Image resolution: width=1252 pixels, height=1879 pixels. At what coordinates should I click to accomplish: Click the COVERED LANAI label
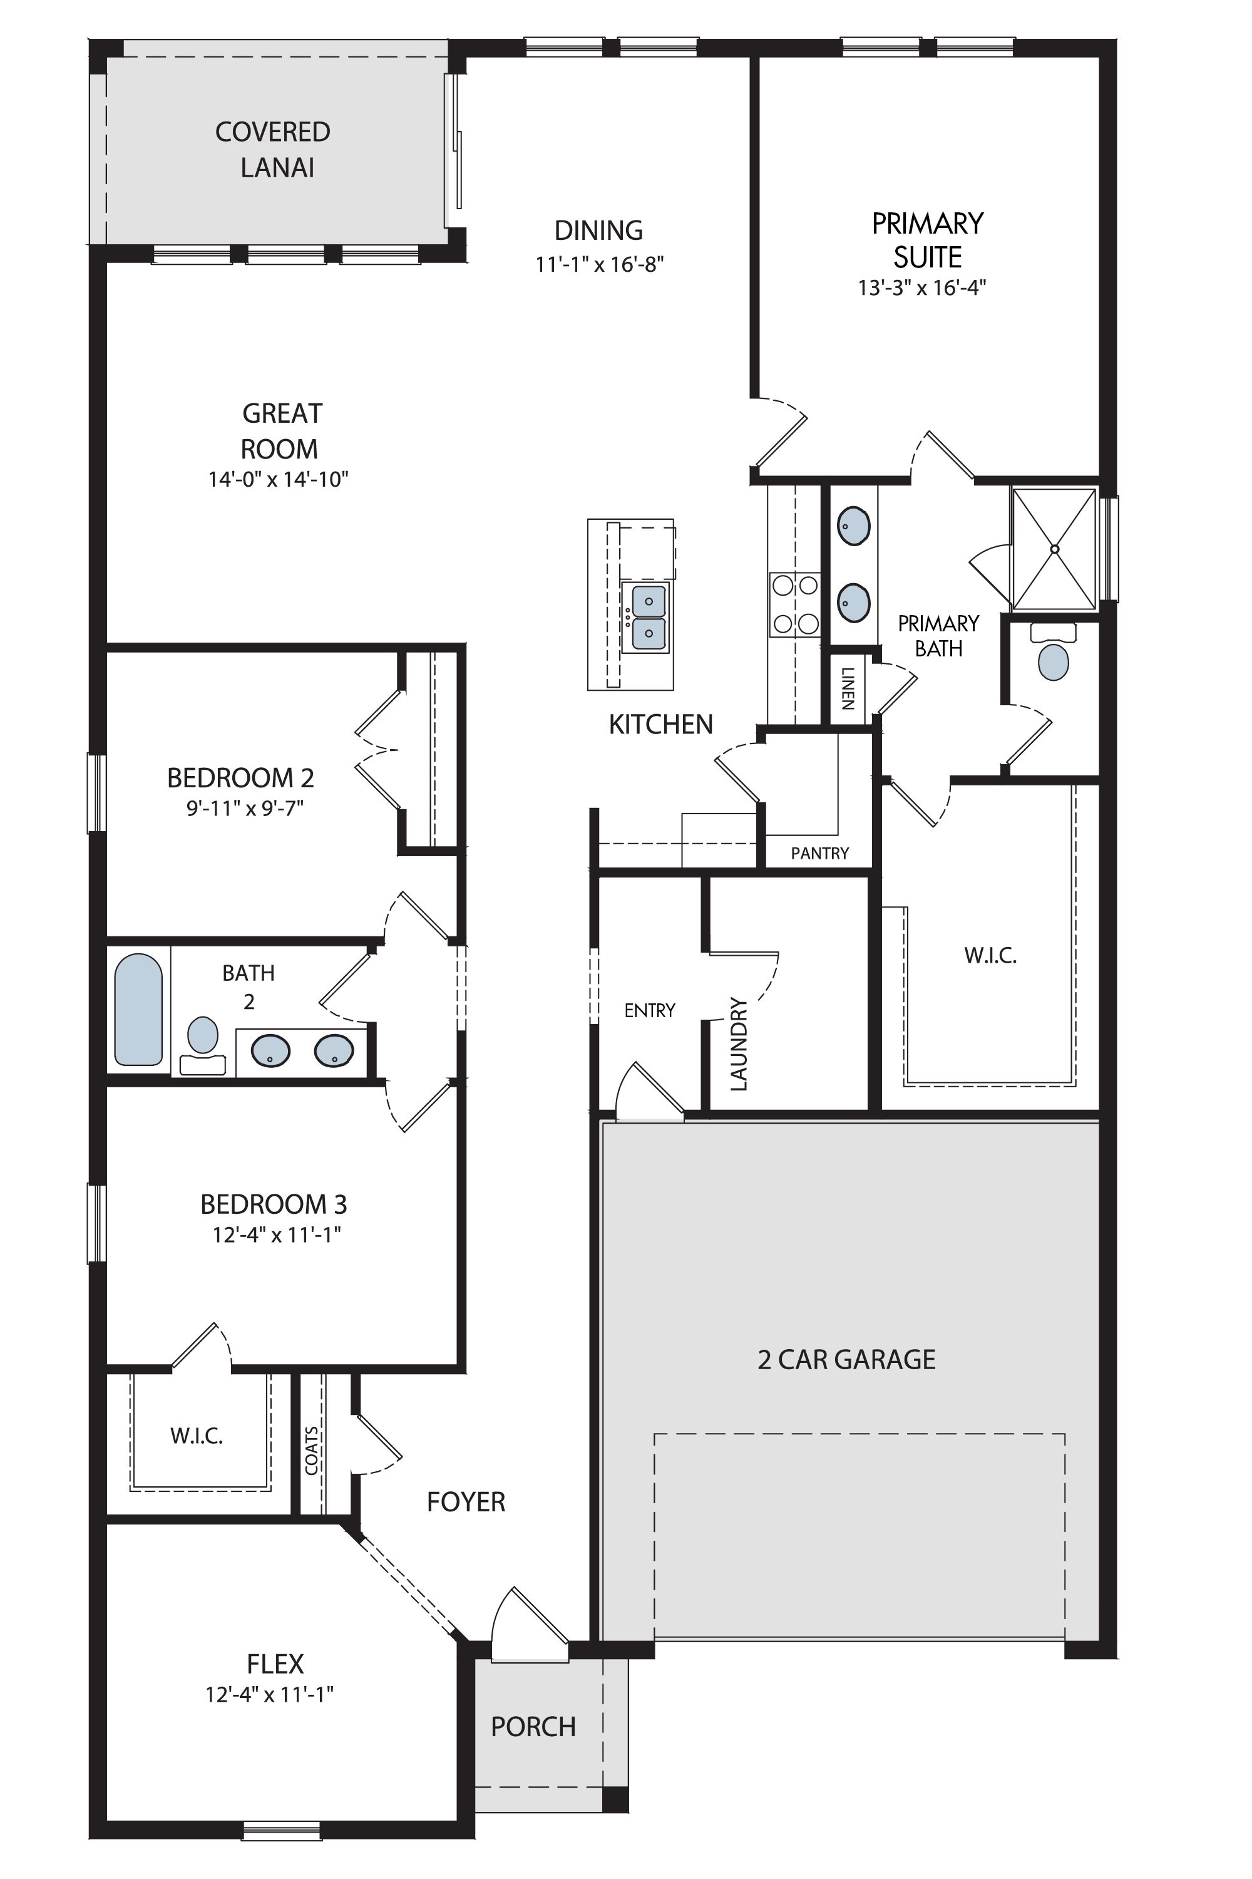click(x=273, y=150)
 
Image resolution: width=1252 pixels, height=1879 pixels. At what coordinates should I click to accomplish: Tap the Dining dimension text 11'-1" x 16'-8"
click(x=600, y=264)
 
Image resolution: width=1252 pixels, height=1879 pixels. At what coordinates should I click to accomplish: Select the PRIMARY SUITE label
click(x=927, y=240)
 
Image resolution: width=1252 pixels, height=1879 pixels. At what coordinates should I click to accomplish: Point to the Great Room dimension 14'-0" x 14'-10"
click(x=279, y=479)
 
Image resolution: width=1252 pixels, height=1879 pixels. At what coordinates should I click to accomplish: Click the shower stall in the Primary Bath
click(x=1054, y=549)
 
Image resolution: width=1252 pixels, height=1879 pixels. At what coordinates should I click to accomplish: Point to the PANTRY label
click(x=820, y=853)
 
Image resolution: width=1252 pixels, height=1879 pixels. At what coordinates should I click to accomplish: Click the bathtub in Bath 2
click(x=138, y=1010)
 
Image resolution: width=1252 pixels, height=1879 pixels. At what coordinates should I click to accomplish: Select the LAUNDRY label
click(x=739, y=1043)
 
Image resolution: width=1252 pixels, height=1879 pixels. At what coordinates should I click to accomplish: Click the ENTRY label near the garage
click(x=650, y=1011)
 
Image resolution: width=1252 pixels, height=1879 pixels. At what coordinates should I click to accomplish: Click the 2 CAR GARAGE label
click(x=846, y=1359)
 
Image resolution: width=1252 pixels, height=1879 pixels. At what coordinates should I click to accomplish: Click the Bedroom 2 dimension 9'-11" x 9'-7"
click(x=245, y=809)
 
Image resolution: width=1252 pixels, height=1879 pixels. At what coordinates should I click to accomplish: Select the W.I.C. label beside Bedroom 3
click(x=197, y=1436)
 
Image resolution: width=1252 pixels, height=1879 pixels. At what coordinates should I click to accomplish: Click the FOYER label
click(x=466, y=1502)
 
